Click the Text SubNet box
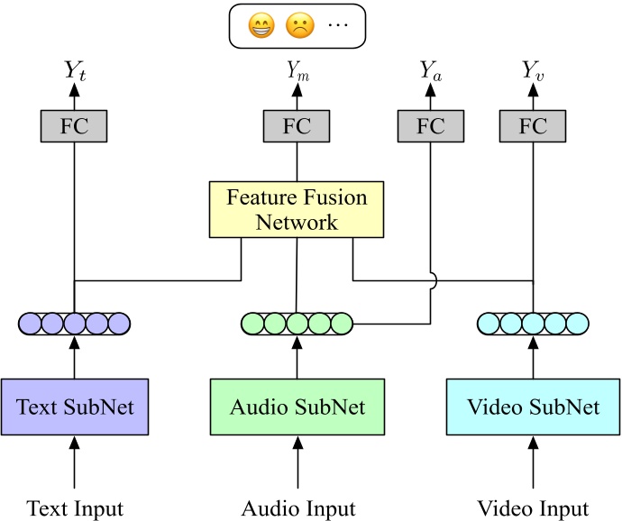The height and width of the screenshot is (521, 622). tap(75, 407)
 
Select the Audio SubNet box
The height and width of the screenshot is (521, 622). tap(297, 407)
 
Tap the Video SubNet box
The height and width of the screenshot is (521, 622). tap(534, 407)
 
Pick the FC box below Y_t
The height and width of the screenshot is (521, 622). tap(74, 125)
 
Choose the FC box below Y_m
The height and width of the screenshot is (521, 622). tap(297, 125)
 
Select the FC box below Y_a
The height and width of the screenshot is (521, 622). tap(430, 125)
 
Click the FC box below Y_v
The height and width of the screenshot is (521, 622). tap(534, 125)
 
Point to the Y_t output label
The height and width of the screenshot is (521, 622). tap(74, 70)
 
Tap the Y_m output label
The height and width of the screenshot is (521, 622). tap(297, 71)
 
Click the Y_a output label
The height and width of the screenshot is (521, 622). tap(430, 71)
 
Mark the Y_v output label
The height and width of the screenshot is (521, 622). tap(534, 71)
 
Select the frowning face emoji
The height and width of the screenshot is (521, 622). tap(297, 26)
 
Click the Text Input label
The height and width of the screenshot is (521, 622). tap(75, 508)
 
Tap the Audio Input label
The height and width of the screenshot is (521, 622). tap(297, 508)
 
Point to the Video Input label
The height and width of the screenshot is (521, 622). tap(534, 508)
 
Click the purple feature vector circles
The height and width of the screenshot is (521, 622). tap(75, 322)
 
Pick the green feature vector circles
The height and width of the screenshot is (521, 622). tap(297, 322)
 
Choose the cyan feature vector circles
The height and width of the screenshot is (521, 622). tap(534, 322)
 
